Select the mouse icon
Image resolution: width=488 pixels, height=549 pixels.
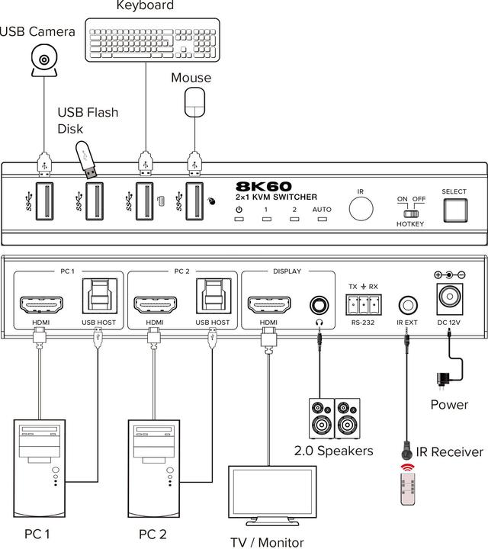tap(197, 101)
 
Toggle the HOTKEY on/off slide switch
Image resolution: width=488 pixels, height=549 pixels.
tap(409, 213)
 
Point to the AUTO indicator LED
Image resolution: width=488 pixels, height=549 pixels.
tap(322, 220)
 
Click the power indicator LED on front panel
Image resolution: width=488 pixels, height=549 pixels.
tap(239, 220)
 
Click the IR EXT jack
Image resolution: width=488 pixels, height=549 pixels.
tap(408, 306)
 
